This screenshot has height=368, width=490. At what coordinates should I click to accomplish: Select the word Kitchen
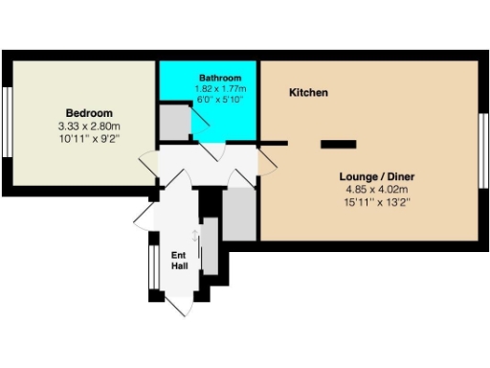(309, 93)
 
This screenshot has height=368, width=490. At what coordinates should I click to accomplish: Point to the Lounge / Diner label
(380, 177)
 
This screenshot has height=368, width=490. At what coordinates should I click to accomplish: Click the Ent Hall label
(179, 260)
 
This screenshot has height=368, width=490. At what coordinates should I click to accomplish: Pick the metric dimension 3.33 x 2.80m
(88, 126)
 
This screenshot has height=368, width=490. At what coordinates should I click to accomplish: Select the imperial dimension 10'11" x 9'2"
(88, 139)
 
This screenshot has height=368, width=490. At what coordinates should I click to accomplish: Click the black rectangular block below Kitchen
(336, 144)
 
